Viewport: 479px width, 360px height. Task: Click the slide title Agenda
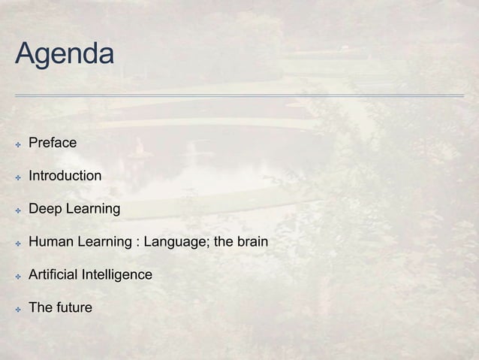[x=65, y=54]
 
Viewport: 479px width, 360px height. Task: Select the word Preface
[x=53, y=142]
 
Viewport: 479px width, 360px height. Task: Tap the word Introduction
[x=65, y=176]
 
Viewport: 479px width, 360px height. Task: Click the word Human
[x=49, y=242]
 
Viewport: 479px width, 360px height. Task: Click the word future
[x=74, y=307]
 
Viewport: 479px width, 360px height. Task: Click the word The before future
[x=40, y=307]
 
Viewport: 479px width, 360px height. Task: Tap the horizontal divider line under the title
[x=239, y=95]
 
